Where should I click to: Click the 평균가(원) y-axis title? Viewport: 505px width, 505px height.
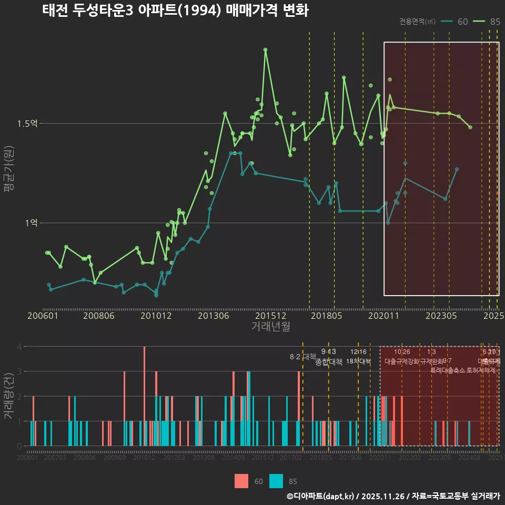(8, 170)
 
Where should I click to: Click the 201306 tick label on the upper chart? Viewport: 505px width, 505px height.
(213, 316)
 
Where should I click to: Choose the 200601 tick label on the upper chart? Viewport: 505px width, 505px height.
(43, 316)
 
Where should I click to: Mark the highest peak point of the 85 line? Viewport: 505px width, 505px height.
(266, 49)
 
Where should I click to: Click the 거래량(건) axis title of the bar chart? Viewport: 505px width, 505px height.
(8, 396)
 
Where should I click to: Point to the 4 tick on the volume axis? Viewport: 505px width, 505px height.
(19, 347)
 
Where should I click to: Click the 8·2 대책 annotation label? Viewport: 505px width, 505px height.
(302, 357)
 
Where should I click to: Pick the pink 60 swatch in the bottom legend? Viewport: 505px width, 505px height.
(241, 481)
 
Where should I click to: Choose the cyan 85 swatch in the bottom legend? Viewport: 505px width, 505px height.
(276, 481)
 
